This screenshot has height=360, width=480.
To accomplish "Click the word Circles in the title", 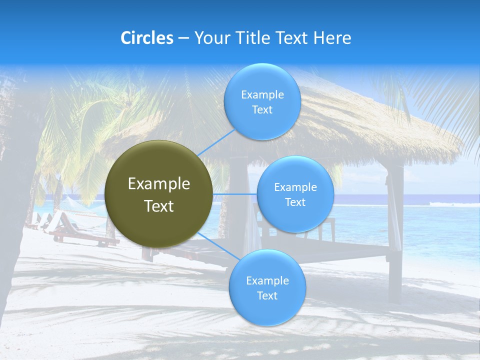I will pos(146,38).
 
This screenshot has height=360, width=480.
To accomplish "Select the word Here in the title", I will pos(332,38).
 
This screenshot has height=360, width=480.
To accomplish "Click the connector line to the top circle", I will pos(216,141).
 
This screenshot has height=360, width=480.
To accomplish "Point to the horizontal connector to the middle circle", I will pos(234,194).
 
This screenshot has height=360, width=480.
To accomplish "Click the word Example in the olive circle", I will pos(159,184).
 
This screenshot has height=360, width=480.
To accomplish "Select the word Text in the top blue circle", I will pos(262,110).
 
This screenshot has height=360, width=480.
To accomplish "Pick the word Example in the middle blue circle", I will pos(295,187).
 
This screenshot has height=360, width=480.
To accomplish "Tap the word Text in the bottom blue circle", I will pos(267,295).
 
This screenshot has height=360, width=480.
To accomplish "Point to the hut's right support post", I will pos(395,230).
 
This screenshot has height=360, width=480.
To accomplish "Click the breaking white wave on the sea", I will pos(452,204).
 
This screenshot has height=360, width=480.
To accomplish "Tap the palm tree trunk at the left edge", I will pos(15,200).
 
